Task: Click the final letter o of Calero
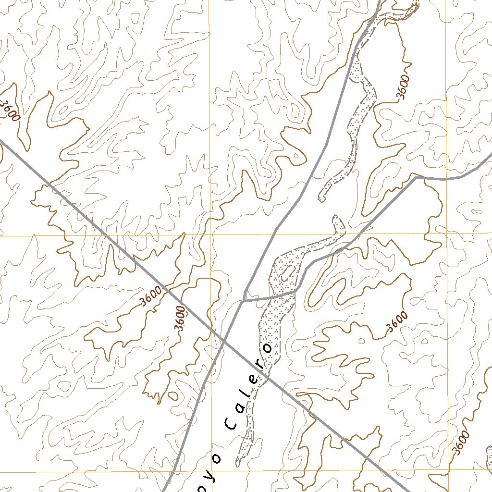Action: (267, 347)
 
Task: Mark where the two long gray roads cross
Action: (224, 341)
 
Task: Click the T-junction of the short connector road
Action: (244, 301)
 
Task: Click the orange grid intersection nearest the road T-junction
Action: (211, 235)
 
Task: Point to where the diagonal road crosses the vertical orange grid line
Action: (211, 329)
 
